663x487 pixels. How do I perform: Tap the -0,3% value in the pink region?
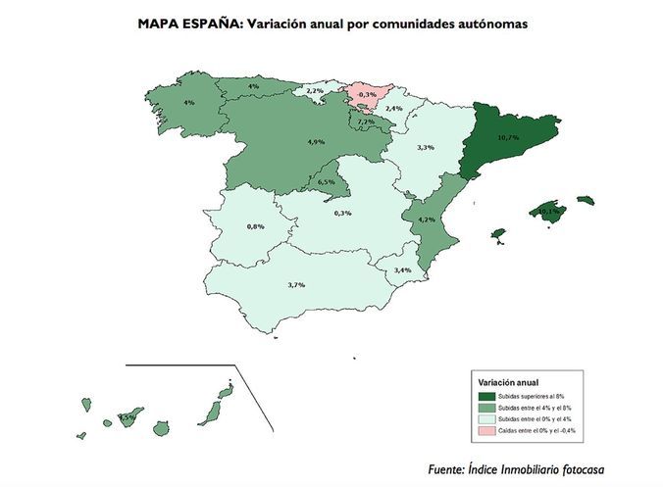pyautogui.click(x=367, y=93)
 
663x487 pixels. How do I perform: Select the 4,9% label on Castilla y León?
pyautogui.click(x=316, y=142)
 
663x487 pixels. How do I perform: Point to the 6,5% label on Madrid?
pyautogui.click(x=327, y=181)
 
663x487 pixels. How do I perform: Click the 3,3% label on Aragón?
pyautogui.click(x=426, y=147)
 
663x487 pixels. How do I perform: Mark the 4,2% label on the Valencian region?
pyautogui.click(x=427, y=219)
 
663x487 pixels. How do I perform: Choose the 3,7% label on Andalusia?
pyautogui.click(x=296, y=284)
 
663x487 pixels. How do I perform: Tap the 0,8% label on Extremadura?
pyautogui.click(x=256, y=226)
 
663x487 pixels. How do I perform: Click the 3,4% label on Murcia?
pyautogui.click(x=402, y=269)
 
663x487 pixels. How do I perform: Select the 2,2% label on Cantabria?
pyautogui.click(x=315, y=90)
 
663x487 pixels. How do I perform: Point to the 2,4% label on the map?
pyautogui.click(x=394, y=108)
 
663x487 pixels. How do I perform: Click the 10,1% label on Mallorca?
pyautogui.click(x=549, y=211)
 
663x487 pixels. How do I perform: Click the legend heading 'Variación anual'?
pyautogui.click(x=507, y=381)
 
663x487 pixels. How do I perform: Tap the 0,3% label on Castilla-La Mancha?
pyautogui.click(x=343, y=213)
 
